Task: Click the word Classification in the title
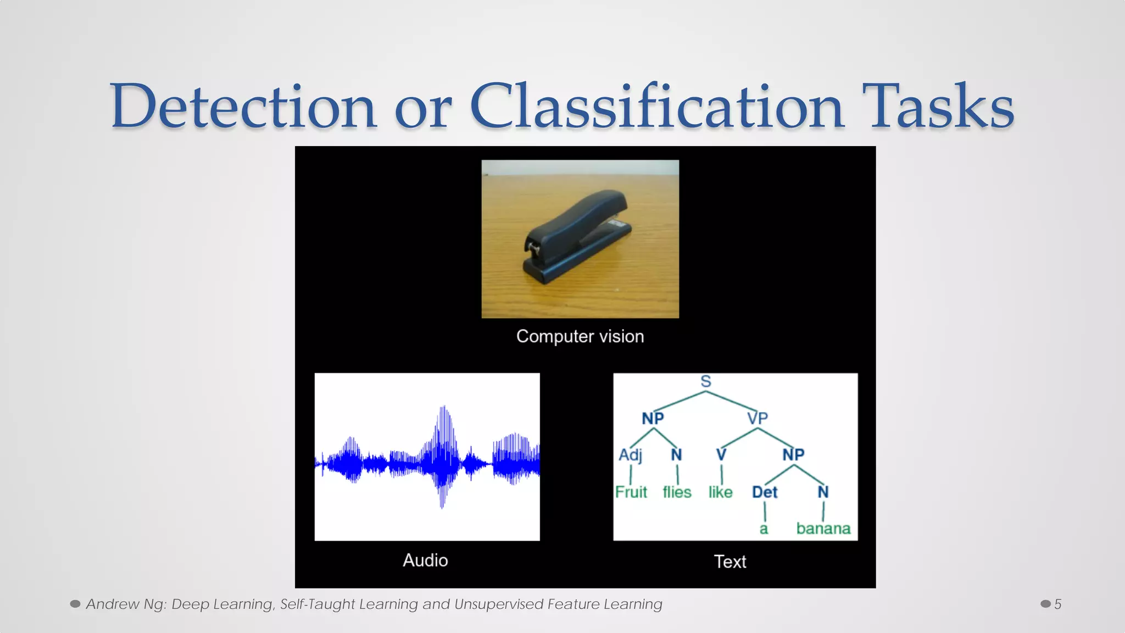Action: pyautogui.click(x=656, y=106)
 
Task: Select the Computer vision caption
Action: pyautogui.click(x=580, y=336)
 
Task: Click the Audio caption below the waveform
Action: pyautogui.click(x=425, y=560)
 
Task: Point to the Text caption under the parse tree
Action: pyautogui.click(x=730, y=562)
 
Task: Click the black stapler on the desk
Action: pyautogui.click(x=574, y=236)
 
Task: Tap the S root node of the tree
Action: pyautogui.click(x=706, y=381)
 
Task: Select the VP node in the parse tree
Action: pyautogui.click(x=758, y=418)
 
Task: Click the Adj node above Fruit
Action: pyautogui.click(x=631, y=455)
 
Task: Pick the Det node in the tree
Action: pyautogui.click(x=765, y=492)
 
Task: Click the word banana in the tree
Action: pyautogui.click(x=823, y=529)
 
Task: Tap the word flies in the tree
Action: pyautogui.click(x=677, y=492)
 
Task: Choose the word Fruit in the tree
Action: pyautogui.click(x=631, y=492)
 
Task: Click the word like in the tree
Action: pyautogui.click(x=720, y=492)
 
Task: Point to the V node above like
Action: pyautogui.click(x=721, y=455)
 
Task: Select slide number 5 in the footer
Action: pyautogui.click(x=1057, y=604)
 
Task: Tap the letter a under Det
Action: pyautogui.click(x=764, y=529)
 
